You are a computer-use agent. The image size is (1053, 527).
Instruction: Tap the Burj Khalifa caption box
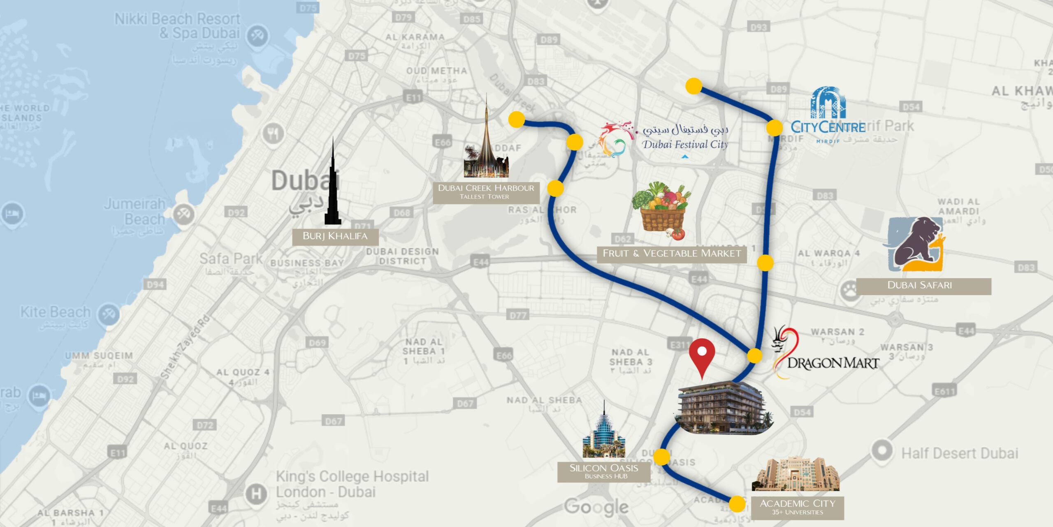coord(335,236)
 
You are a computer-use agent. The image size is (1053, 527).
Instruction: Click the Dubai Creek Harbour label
coord(486,192)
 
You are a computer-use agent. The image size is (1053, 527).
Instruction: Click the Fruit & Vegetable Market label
coord(671,254)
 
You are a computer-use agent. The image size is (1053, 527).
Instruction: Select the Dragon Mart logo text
coord(833,363)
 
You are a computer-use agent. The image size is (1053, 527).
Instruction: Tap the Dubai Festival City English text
coord(685,145)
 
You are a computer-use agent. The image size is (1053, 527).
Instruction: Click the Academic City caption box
coord(797,507)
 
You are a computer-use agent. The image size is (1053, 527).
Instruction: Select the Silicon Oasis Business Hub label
coord(603,471)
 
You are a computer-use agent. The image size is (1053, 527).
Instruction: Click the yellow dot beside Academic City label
coord(737,504)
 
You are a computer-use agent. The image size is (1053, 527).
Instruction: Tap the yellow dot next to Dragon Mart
coord(754,356)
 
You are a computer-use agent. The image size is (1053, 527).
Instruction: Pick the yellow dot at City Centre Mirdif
coord(774,128)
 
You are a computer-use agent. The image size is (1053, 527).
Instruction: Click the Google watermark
coord(596,507)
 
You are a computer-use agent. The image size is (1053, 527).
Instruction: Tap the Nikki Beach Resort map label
coord(177,26)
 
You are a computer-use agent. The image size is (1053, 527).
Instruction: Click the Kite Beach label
coord(55,312)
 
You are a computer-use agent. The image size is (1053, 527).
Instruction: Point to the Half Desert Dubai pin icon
coord(882,451)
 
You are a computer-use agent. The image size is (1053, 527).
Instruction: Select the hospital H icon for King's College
coord(256,493)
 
